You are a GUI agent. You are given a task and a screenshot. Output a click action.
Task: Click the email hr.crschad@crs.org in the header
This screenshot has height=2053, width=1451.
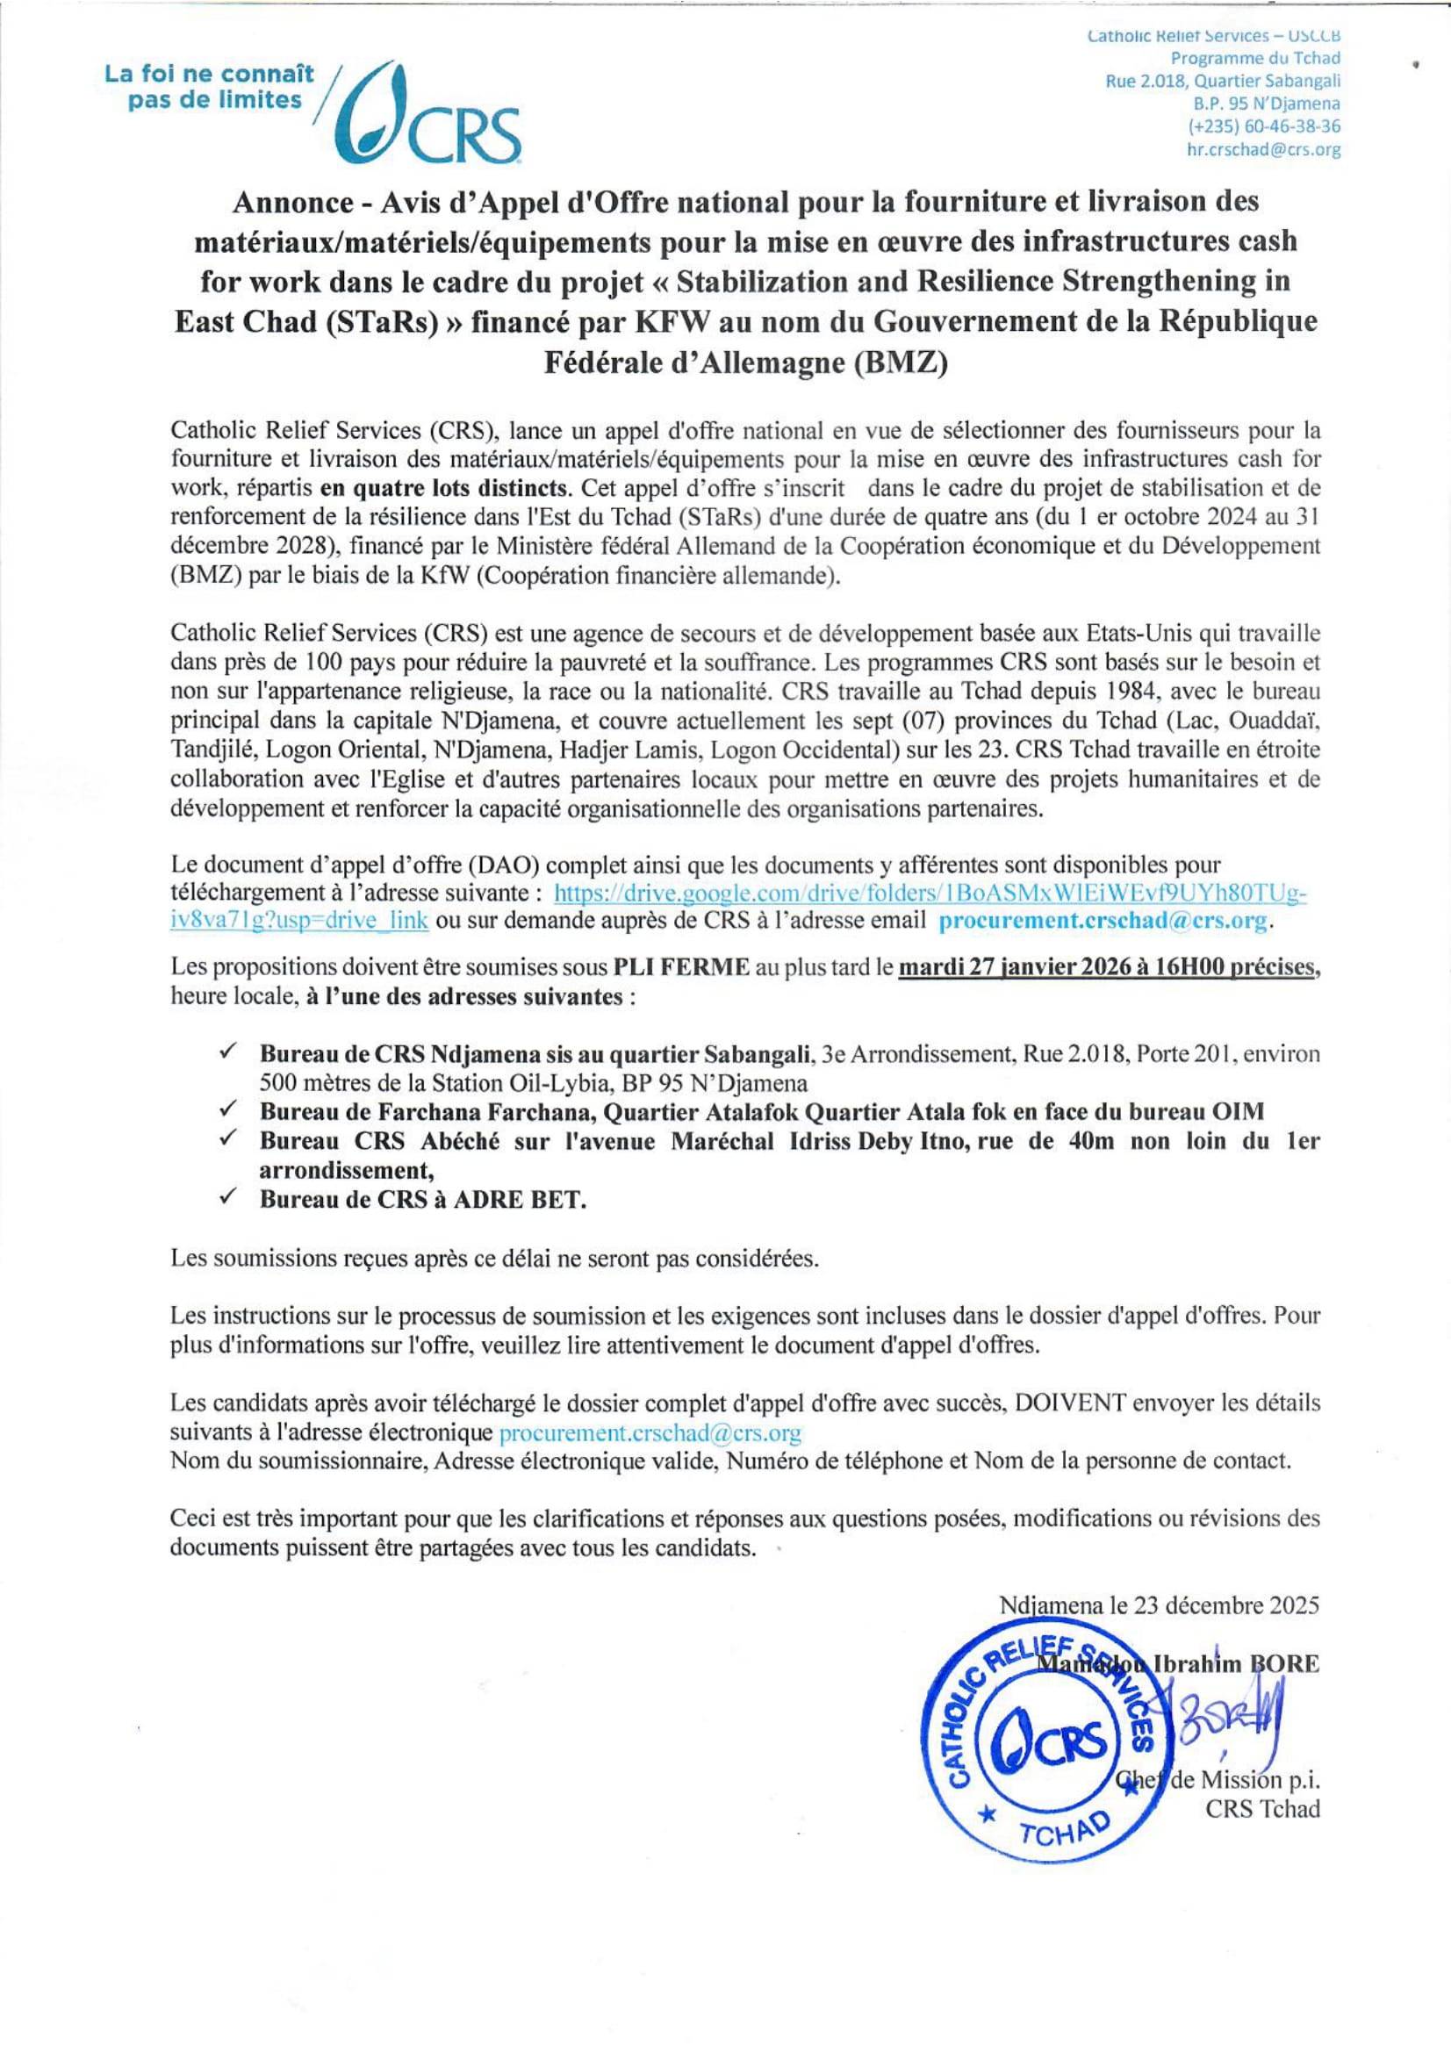point(1262,150)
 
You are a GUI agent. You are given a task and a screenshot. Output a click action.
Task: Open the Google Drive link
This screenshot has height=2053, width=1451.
point(930,893)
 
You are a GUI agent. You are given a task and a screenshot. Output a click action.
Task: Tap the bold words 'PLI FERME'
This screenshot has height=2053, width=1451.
point(681,967)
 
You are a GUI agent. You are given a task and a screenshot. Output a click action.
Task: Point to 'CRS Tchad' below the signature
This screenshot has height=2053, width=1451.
point(1261,1809)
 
